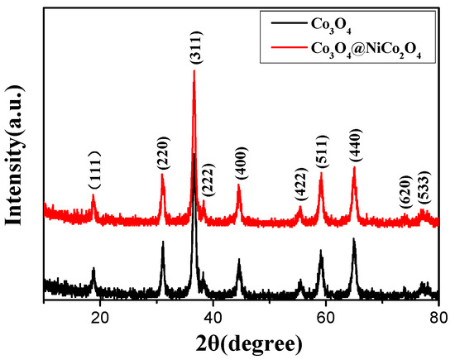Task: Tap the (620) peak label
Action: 405,196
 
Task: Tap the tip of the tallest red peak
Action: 194,71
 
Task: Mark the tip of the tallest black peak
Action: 194,154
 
